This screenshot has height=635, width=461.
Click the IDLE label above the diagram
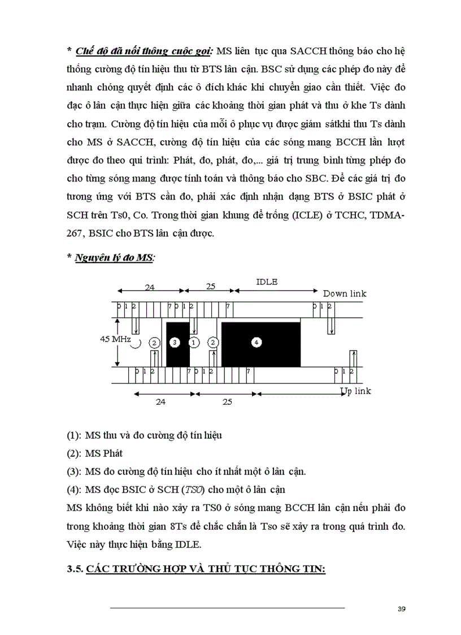267,282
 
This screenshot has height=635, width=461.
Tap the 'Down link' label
345,293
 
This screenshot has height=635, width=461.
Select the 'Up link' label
355,391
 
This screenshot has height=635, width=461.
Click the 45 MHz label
116,340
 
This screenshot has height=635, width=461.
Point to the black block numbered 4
260,342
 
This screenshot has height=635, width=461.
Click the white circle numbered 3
175,343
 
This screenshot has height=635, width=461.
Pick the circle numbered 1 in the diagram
194,342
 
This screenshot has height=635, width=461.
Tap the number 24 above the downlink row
149,287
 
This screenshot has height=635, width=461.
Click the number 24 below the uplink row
160,401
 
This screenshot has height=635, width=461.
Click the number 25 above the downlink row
210,287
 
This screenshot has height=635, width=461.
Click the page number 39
402,609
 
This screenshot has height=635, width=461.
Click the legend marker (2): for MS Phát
74,453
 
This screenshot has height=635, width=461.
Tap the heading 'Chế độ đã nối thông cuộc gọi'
143,51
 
